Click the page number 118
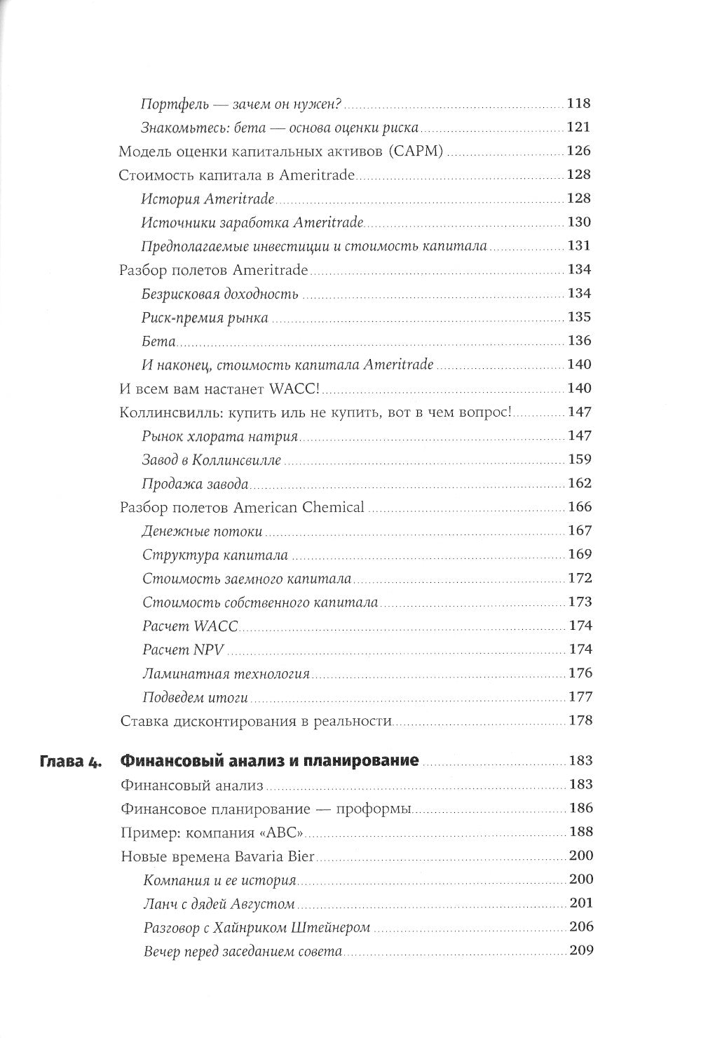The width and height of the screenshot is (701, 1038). tap(579, 104)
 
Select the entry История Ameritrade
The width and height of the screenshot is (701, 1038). tap(207, 199)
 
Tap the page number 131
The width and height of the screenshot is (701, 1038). tap(579, 246)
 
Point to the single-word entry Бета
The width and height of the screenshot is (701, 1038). tap(158, 342)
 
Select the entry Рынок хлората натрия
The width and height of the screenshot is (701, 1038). tap(220, 436)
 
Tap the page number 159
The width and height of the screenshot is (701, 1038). tap(579, 460)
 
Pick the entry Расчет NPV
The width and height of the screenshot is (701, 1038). tap(182, 649)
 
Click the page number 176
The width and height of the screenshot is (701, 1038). tap(579, 673)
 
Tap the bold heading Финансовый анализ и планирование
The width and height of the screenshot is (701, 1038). tap(270, 761)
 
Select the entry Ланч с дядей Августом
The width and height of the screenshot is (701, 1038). tap(218, 903)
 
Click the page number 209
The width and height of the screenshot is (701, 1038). tap(579, 951)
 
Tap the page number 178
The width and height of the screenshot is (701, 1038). tap(579, 720)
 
